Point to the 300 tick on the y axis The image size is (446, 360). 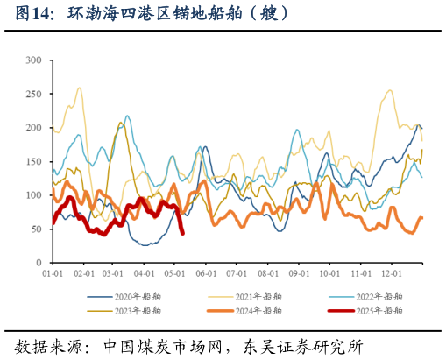(34, 60)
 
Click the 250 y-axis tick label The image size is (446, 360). (34, 95)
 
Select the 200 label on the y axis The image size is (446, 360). (34, 128)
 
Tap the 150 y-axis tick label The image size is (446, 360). (34, 162)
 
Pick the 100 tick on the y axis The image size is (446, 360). (34, 195)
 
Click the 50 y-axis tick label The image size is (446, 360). (37, 229)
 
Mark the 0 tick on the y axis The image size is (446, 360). (39, 263)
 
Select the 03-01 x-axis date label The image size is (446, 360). (114, 274)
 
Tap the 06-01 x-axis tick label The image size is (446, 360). (207, 274)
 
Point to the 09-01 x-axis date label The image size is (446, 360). (300, 274)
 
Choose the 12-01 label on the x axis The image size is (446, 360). (392, 274)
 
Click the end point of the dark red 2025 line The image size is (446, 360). (182, 233)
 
